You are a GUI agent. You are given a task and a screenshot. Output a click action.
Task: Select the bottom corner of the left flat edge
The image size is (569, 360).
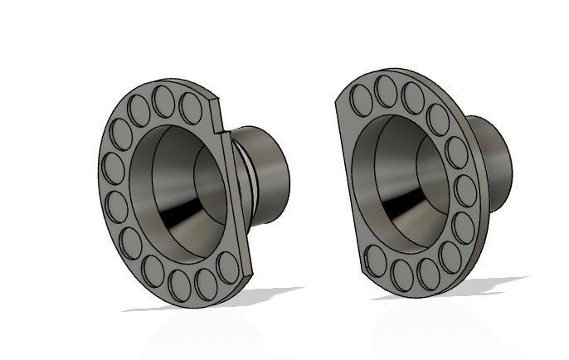(x=249, y=275)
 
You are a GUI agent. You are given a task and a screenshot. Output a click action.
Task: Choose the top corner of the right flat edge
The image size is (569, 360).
(x=337, y=100)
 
